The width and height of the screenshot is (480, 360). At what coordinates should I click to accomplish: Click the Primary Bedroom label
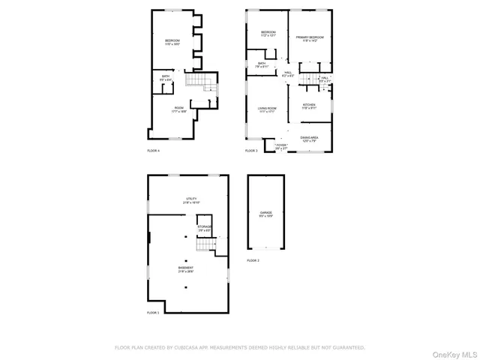point(309,37)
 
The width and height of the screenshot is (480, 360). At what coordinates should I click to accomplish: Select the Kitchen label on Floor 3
point(309,105)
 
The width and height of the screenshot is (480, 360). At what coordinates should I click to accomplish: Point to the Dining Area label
point(310,137)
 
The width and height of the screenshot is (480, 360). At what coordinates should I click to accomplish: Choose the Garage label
point(266,213)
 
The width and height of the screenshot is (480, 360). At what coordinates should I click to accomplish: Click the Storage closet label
point(205,226)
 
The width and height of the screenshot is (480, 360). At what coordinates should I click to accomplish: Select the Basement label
point(185,268)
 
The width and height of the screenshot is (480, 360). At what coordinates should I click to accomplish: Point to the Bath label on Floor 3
point(262,64)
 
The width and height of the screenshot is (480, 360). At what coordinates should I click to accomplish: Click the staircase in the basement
point(204,246)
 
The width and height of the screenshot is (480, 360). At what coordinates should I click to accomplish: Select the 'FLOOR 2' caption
point(253,260)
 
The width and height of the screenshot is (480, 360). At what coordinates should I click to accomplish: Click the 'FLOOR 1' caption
point(153,312)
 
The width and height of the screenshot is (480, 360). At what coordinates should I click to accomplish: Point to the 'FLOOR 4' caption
point(153,151)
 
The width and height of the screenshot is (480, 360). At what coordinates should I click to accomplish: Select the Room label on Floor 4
point(179,108)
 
